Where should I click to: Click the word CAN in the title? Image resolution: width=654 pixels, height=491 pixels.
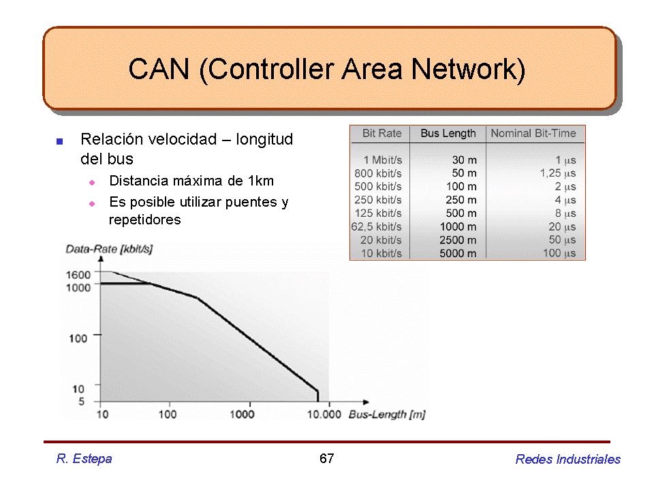click(x=159, y=69)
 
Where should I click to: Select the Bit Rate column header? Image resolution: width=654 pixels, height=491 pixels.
click(x=381, y=133)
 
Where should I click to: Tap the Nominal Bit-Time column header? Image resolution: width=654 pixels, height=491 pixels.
click(x=533, y=133)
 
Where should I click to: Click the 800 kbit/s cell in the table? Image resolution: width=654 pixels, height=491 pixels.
click(x=378, y=173)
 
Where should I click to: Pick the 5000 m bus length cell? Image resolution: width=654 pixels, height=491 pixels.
click(x=458, y=254)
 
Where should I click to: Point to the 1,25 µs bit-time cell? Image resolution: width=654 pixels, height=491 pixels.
click(x=558, y=173)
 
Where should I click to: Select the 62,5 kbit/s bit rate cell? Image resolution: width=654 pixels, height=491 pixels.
click(x=376, y=226)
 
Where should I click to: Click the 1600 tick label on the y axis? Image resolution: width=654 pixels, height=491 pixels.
click(x=78, y=275)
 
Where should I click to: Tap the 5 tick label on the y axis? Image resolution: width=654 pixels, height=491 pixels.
click(x=81, y=401)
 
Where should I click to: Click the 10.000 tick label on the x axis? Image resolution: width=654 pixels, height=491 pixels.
click(x=324, y=414)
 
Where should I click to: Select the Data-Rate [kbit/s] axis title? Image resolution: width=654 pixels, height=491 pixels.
click(x=109, y=250)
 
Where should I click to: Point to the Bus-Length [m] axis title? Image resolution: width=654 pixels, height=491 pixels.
click(x=387, y=415)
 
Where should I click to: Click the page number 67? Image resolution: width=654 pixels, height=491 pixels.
click(x=326, y=458)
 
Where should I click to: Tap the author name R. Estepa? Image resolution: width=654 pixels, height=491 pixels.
click(x=84, y=459)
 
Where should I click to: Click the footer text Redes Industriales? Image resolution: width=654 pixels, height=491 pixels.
click(x=567, y=459)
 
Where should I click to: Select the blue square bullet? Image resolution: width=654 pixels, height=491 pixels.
click(x=60, y=142)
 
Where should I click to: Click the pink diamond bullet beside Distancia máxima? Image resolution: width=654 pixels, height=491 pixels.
click(x=92, y=183)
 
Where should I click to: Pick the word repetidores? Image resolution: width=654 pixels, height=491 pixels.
click(x=144, y=220)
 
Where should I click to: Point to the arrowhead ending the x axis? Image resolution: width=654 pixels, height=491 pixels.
click(x=366, y=402)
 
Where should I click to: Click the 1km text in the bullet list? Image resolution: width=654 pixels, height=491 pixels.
click(x=261, y=181)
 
